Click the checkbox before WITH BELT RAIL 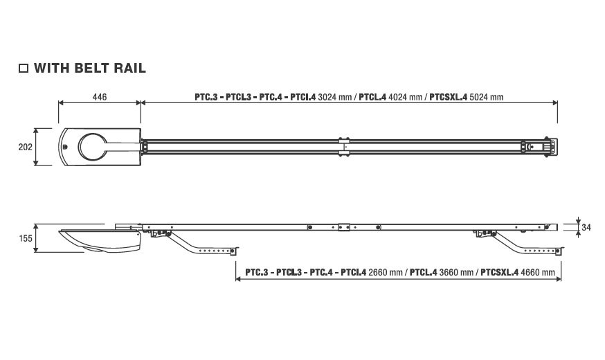[24, 69]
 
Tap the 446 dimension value [100, 97]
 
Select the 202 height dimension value [26, 147]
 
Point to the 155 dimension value [26, 238]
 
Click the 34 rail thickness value [586, 228]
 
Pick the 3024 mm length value [334, 97]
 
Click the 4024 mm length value [405, 97]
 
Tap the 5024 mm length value [486, 97]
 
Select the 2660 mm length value [386, 272]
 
